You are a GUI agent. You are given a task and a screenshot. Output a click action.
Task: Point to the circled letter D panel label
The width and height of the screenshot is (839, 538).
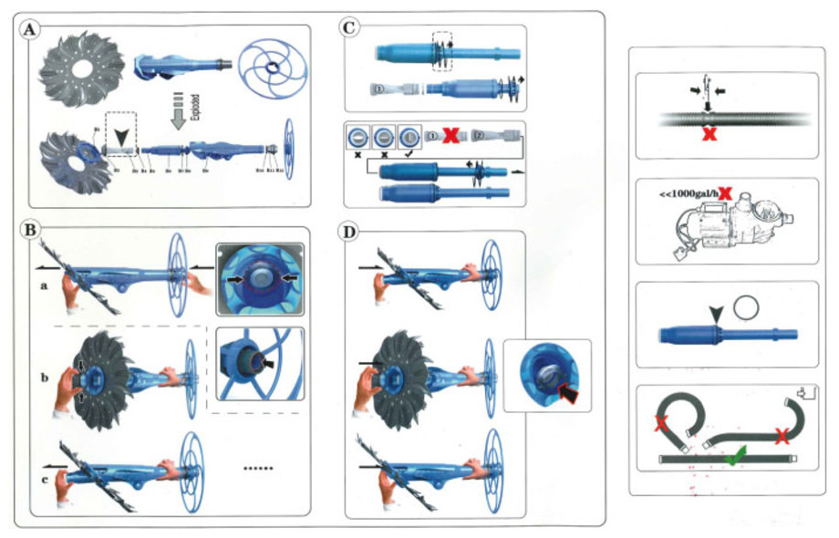pyautogui.click(x=348, y=233)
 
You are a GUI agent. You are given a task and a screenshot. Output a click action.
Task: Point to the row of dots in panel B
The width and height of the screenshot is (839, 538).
pyautogui.click(x=258, y=468)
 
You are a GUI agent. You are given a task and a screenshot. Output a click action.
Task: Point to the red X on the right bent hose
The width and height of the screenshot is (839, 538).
pyautogui.click(x=782, y=436)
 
